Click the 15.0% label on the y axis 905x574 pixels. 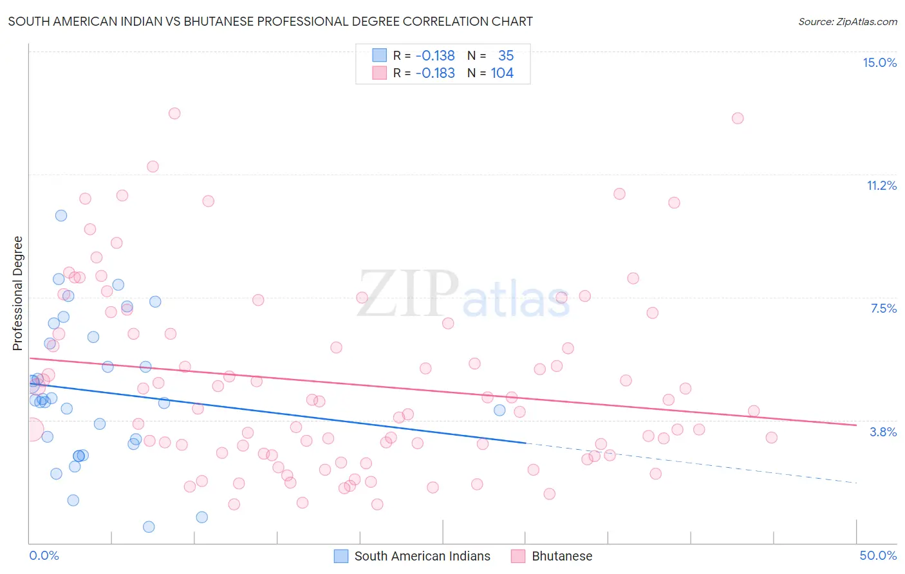879,62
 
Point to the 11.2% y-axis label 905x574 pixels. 881,185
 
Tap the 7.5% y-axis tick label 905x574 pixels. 883,308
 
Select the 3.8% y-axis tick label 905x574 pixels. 883,432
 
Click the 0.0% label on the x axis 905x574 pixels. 44,555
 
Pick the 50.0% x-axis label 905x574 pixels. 878,555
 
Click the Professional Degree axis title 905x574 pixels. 17,293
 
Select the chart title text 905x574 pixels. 270,21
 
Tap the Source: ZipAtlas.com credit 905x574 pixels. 847,21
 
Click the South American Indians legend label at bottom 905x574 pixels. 422,556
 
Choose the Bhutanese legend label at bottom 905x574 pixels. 562,556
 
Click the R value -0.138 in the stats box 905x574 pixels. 435,56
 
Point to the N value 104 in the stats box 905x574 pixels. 502,73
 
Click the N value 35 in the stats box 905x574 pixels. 506,56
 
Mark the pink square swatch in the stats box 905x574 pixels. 380,73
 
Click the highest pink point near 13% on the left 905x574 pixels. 174,113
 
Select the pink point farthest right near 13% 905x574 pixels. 738,118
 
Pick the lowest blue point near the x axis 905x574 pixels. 149,527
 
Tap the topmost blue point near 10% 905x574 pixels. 61,216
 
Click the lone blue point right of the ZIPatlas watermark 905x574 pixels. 499,410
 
